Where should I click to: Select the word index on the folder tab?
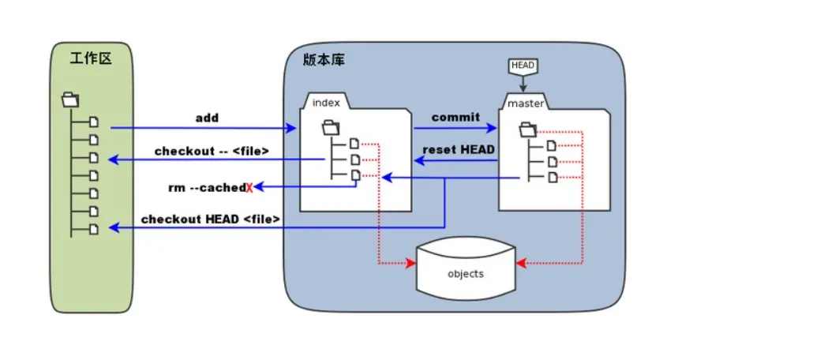(x=326, y=103)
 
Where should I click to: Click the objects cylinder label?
(x=465, y=274)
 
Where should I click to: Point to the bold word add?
(x=207, y=118)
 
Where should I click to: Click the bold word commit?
(x=455, y=117)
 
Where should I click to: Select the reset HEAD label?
(x=459, y=149)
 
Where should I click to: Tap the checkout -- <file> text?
(x=212, y=151)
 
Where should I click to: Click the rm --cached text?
(x=207, y=187)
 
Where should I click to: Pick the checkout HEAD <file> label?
(x=210, y=219)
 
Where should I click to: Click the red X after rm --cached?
(x=249, y=188)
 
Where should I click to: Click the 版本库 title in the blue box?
(x=324, y=61)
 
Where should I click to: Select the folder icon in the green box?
(x=69, y=100)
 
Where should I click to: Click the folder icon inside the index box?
(x=331, y=126)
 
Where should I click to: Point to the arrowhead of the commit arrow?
(x=494, y=127)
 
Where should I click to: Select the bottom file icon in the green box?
(x=94, y=229)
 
